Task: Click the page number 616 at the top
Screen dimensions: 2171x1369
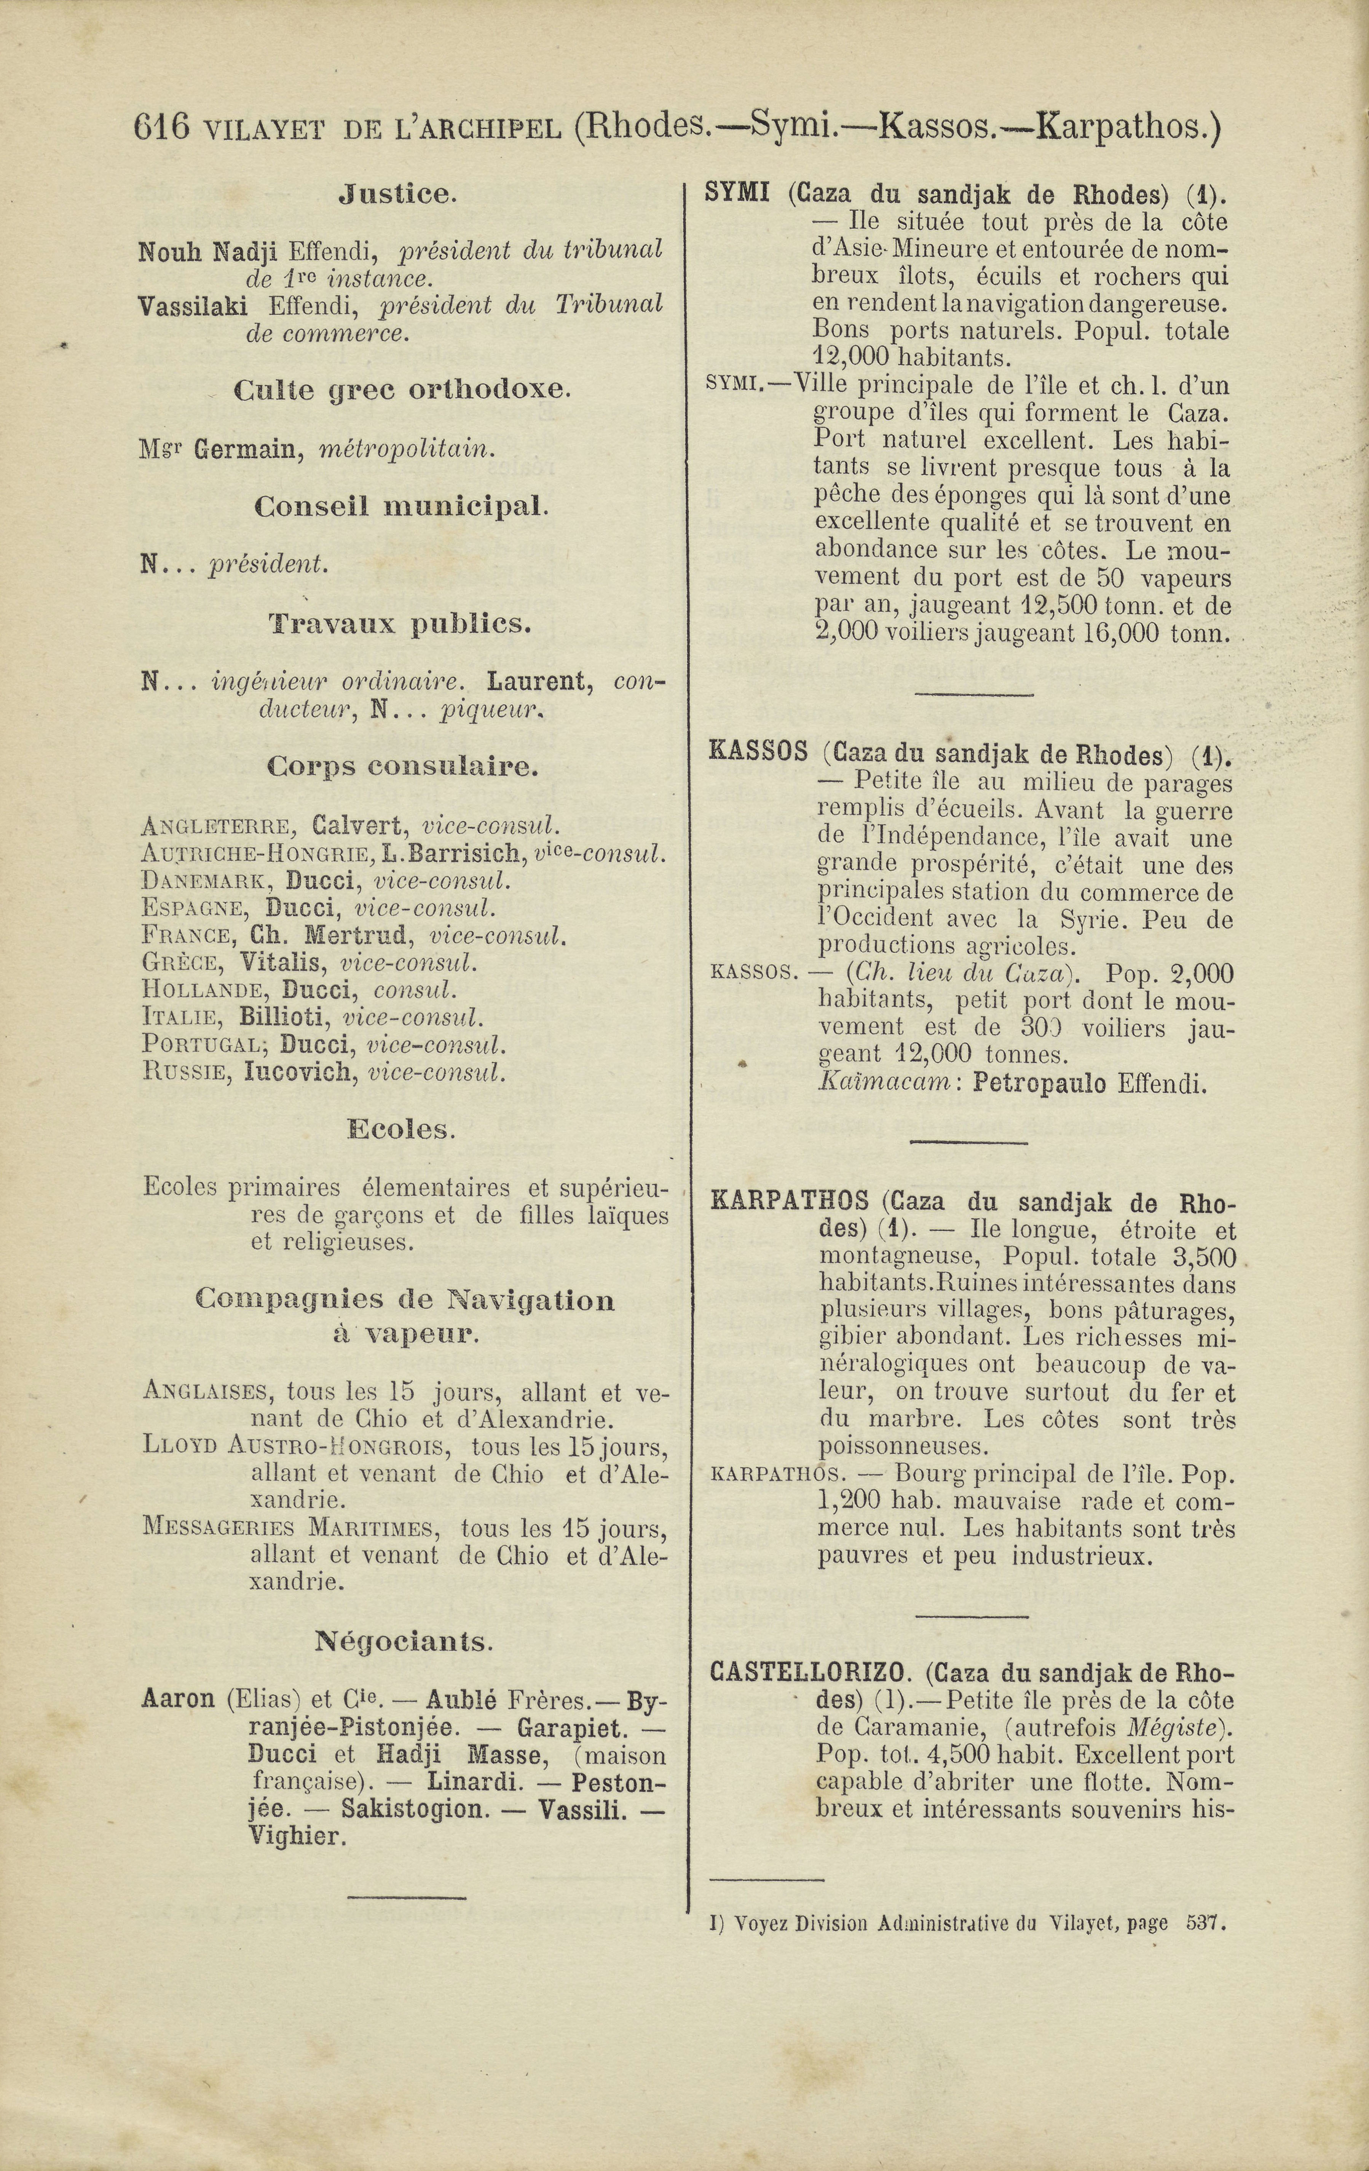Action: point(161,128)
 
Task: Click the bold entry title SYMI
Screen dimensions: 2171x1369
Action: point(736,193)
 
